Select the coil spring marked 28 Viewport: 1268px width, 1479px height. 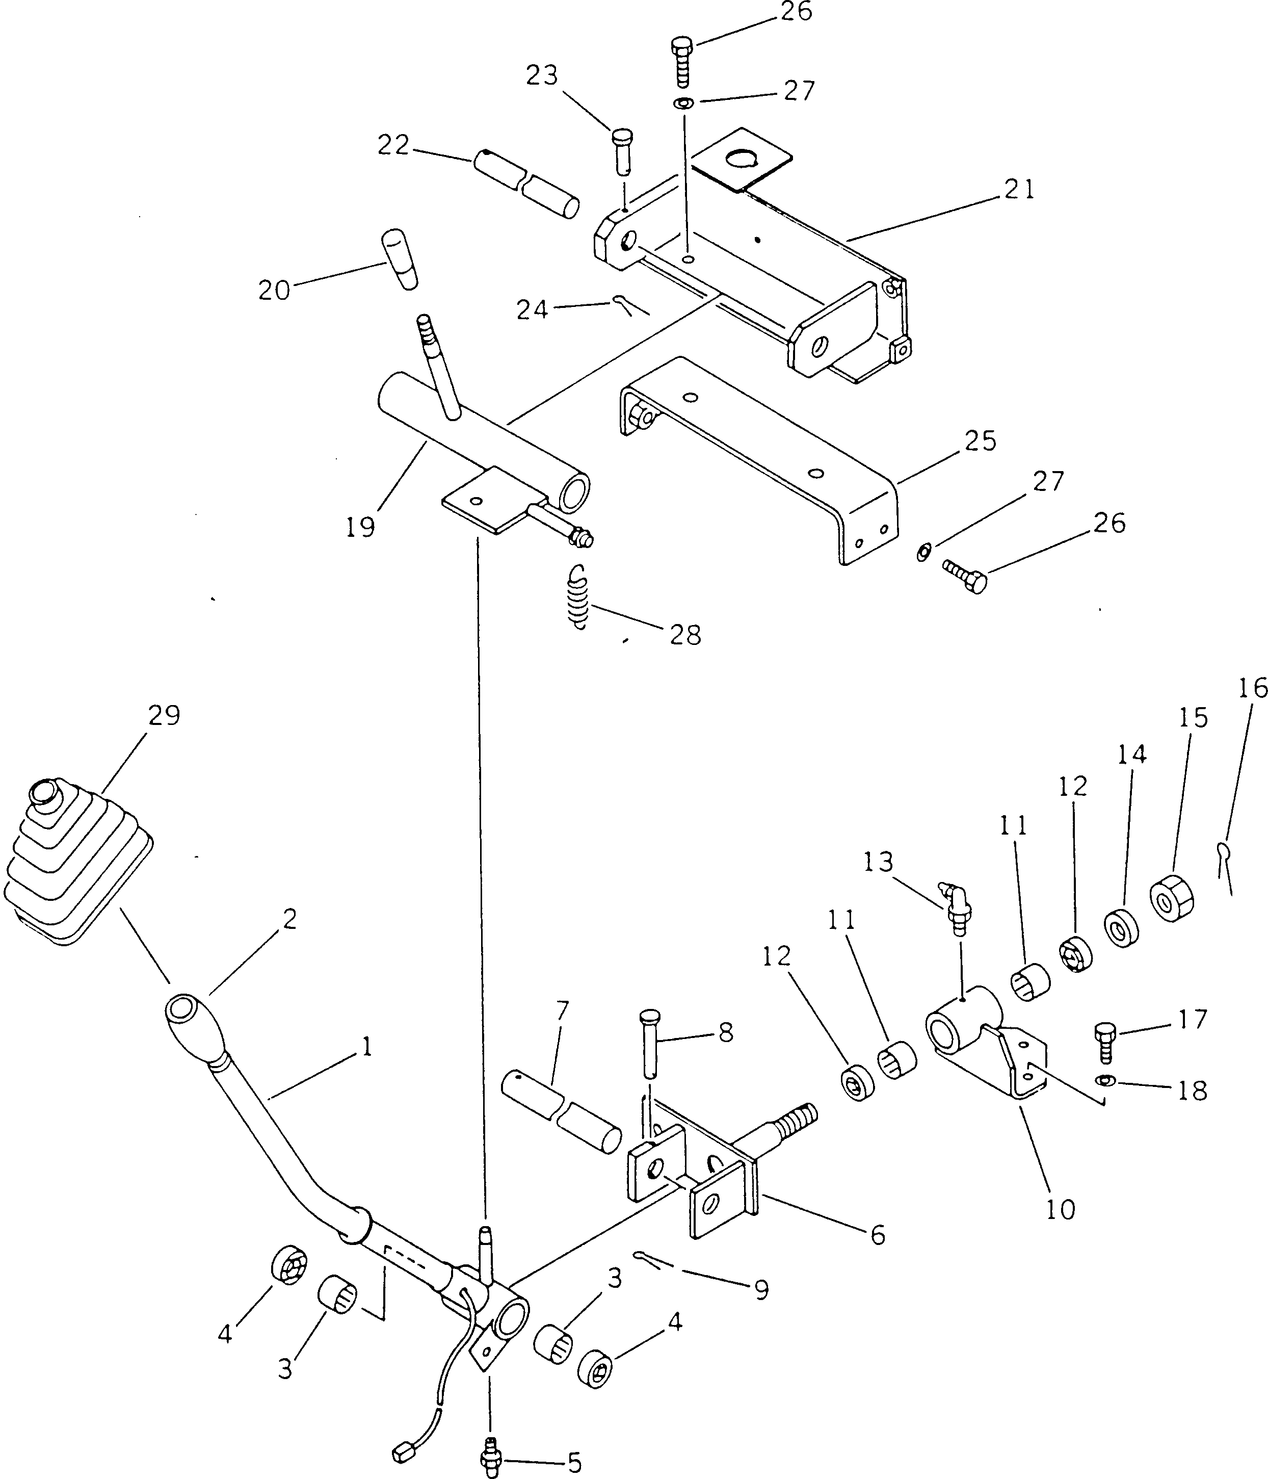click(x=579, y=598)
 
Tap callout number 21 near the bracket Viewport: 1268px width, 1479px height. click(x=1018, y=190)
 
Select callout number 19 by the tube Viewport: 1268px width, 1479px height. click(x=360, y=528)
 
